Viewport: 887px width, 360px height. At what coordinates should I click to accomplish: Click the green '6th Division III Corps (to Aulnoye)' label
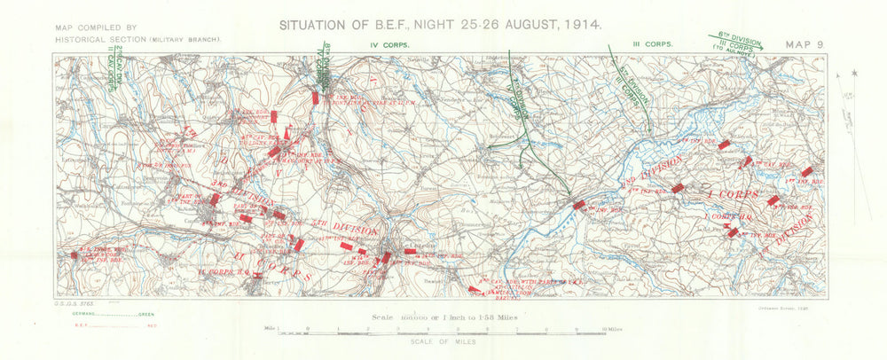coord(739,45)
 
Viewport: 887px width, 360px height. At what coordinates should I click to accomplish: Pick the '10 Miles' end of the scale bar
coord(613,328)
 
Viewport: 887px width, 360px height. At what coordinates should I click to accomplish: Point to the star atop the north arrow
coord(854,73)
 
